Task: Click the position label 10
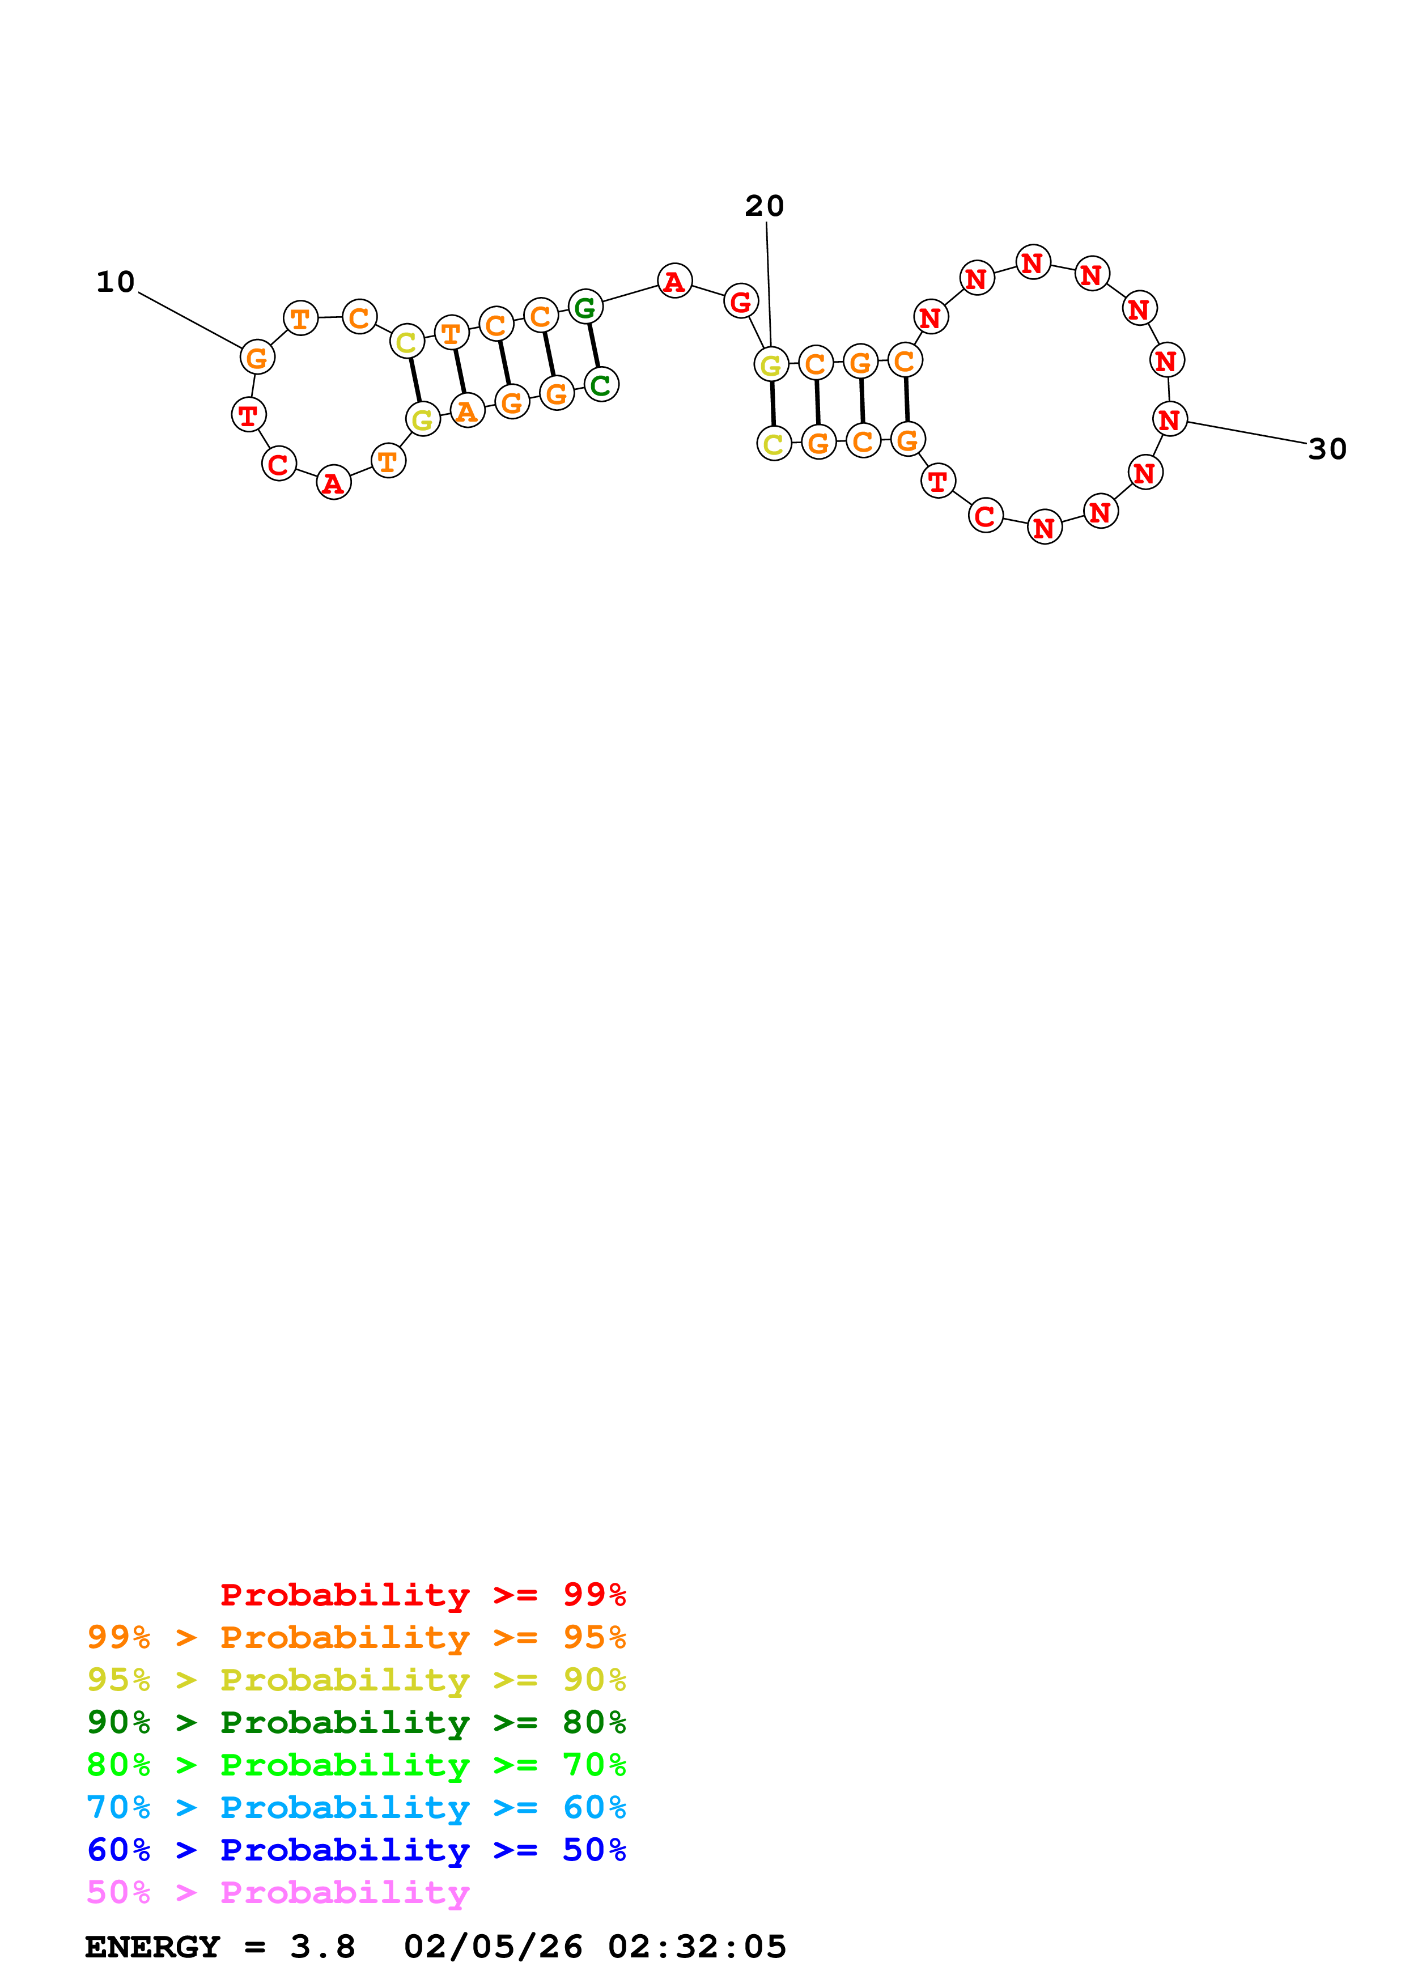point(115,282)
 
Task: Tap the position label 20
point(765,206)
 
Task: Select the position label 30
point(1327,449)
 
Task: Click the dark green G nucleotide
point(585,307)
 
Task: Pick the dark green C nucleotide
point(601,384)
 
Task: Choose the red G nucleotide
point(741,301)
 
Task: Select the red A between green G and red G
point(674,281)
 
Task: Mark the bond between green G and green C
point(594,346)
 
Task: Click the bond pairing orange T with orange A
point(460,371)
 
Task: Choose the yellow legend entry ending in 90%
point(356,1680)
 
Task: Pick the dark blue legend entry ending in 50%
point(356,1850)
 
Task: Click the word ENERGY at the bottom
point(152,1947)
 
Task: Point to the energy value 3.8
point(322,1947)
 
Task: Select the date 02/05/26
point(493,1947)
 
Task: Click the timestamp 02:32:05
point(697,1947)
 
